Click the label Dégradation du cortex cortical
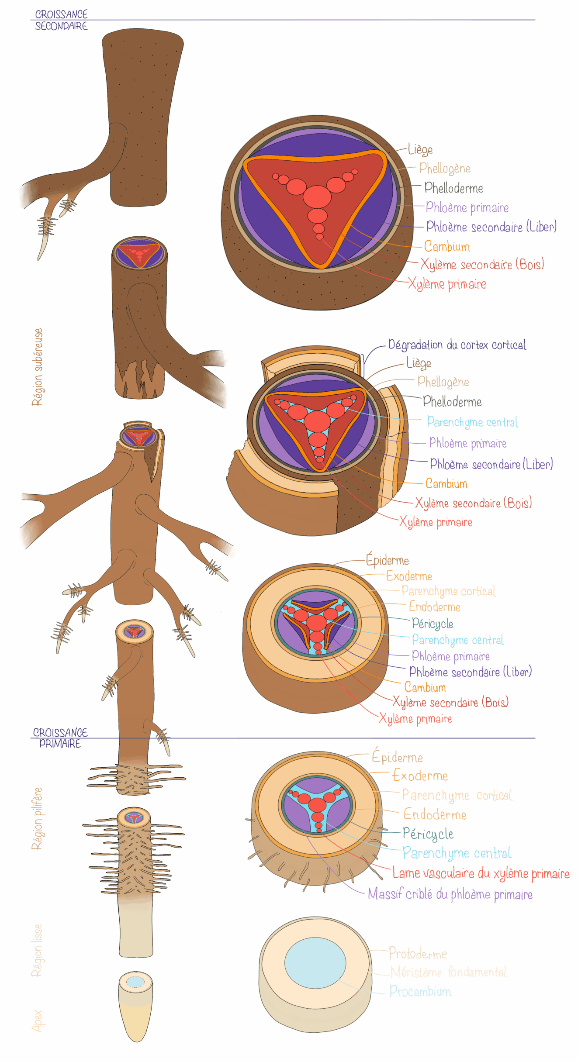(457, 345)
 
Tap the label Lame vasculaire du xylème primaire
(481, 873)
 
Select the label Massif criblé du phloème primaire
(450, 894)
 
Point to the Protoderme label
(418, 953)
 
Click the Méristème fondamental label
(448, 972)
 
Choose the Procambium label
(420, 991)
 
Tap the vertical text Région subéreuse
(38, 367)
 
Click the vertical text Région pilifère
(38, 818)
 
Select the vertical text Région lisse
(38, 950)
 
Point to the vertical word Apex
(38, 1021)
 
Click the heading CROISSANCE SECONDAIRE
(61, 20)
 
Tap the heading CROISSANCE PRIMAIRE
(60, 738)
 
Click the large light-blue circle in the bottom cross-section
(315, 962)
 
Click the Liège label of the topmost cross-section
(420, 149)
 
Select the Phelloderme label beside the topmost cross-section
(453, 188)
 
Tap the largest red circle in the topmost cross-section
(318, 197)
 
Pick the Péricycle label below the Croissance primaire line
(428, 834)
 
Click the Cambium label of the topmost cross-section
(447, 247)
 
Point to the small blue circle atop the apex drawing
(135, 982)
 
